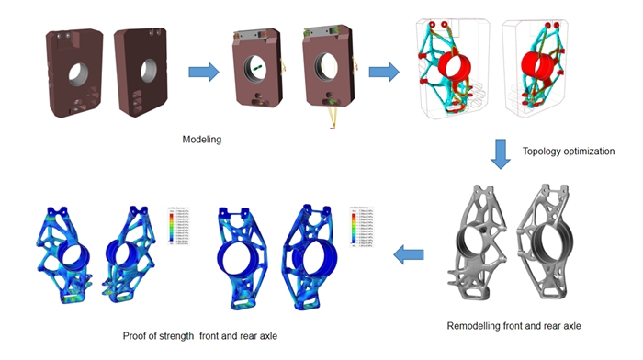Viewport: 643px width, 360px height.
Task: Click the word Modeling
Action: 203,140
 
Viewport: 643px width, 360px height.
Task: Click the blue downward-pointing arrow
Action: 500,152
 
